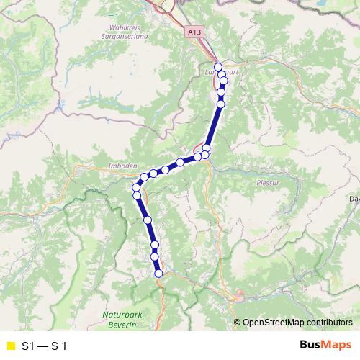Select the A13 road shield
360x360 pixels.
point(193,32)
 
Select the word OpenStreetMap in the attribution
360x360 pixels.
point(275,323)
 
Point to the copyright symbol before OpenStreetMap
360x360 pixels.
point(237,323)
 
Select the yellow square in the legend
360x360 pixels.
point(9,346)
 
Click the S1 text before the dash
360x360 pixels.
point(28,346)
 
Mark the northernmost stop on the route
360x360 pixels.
point(218,67)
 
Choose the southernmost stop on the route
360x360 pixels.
point(158,273)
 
